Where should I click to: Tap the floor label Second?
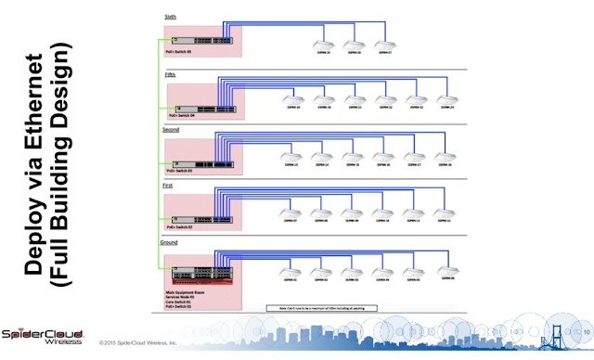tap(173, 130)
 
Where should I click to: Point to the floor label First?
tap(169, 186)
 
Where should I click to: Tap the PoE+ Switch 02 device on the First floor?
tap(200, 219)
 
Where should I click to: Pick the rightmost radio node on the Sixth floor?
tap(383, 44)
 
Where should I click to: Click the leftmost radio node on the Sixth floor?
tap(324, 44)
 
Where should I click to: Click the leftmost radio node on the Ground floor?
tap(291, 272)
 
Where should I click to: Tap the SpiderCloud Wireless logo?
tap(42, 336)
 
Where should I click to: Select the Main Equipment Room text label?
tap(187, 290)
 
